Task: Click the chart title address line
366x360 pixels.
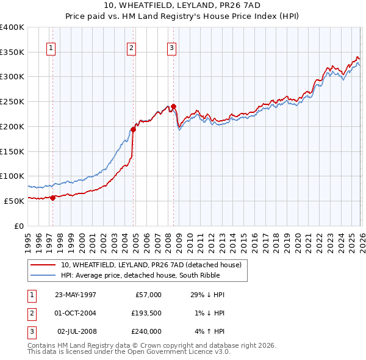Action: click(183, 5)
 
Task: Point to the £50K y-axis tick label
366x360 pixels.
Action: click(15, 201)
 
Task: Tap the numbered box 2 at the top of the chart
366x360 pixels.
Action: click(132, 48)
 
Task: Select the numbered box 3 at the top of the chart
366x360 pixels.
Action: click(171, 48)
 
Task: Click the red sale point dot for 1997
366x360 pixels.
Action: click(53, 197)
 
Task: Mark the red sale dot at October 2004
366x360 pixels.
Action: click(133, 129)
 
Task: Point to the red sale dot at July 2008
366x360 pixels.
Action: click(173, 107)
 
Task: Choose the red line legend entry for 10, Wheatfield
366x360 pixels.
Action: click(151, 265)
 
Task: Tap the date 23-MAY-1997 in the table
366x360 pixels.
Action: click(75, 295)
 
